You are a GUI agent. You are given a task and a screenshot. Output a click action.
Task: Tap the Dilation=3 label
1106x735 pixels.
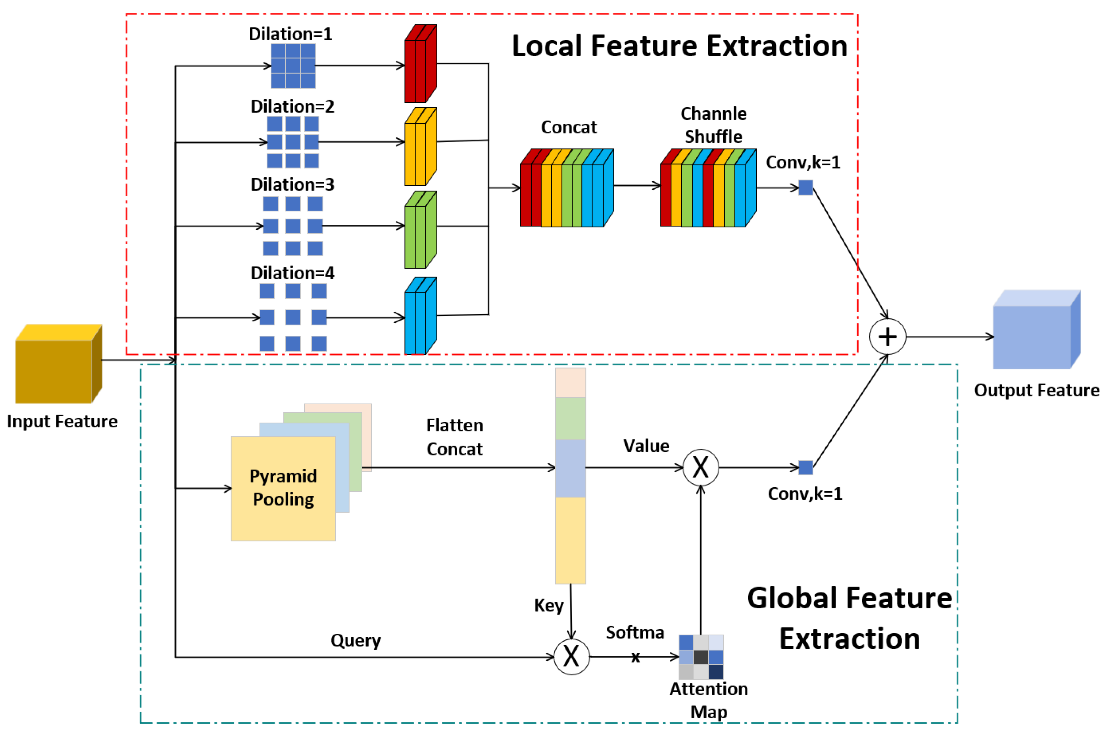click(292, 185)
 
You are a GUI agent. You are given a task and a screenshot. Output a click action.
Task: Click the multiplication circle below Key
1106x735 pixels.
click(571, 656)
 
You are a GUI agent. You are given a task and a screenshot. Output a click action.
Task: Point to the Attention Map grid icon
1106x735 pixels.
click(701, 657)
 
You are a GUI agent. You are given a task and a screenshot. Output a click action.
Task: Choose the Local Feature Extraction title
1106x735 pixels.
click(679, 46)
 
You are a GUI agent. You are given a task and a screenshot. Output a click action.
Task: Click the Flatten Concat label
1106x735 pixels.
click(454, 437)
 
